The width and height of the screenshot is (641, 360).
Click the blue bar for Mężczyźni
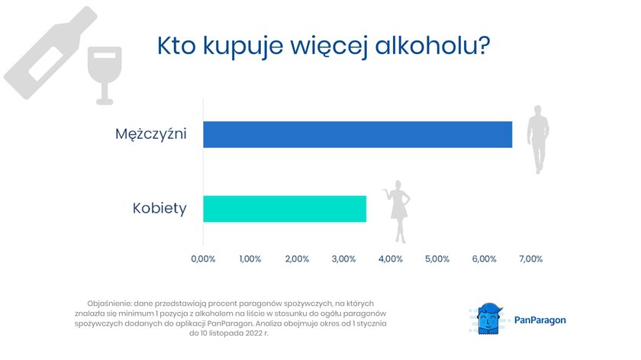[358, 134]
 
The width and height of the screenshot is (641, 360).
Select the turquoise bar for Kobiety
[285, 209]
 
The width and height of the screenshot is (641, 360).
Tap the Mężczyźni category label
[151, 134]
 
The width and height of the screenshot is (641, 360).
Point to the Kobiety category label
[159, 208]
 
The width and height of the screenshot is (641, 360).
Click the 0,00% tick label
[203, 259]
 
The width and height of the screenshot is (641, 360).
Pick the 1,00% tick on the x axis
[250, 259]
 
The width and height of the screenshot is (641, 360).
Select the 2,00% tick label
[297, 259]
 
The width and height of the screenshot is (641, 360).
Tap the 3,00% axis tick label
[344, 259]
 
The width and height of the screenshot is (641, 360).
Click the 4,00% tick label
[391, 259]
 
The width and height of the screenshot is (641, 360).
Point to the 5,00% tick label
[437, 259]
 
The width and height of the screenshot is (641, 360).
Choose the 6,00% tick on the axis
[485, 259]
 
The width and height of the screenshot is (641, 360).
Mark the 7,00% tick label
[531, 259]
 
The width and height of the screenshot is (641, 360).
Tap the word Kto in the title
[176, 46]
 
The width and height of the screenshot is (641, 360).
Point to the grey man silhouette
[538, 140]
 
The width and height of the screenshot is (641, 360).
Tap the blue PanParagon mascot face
[489, 319]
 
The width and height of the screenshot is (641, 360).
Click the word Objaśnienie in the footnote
[109, 304]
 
